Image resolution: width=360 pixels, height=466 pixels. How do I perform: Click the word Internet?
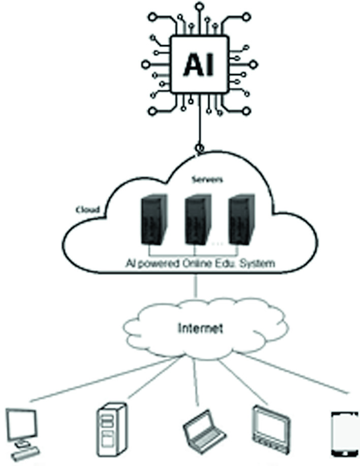(200, 329)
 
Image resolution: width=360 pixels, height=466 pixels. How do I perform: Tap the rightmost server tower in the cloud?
(242, 220)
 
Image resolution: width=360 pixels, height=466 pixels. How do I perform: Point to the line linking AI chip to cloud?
(199, 123)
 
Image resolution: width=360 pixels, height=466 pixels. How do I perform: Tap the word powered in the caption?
(158, 263)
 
